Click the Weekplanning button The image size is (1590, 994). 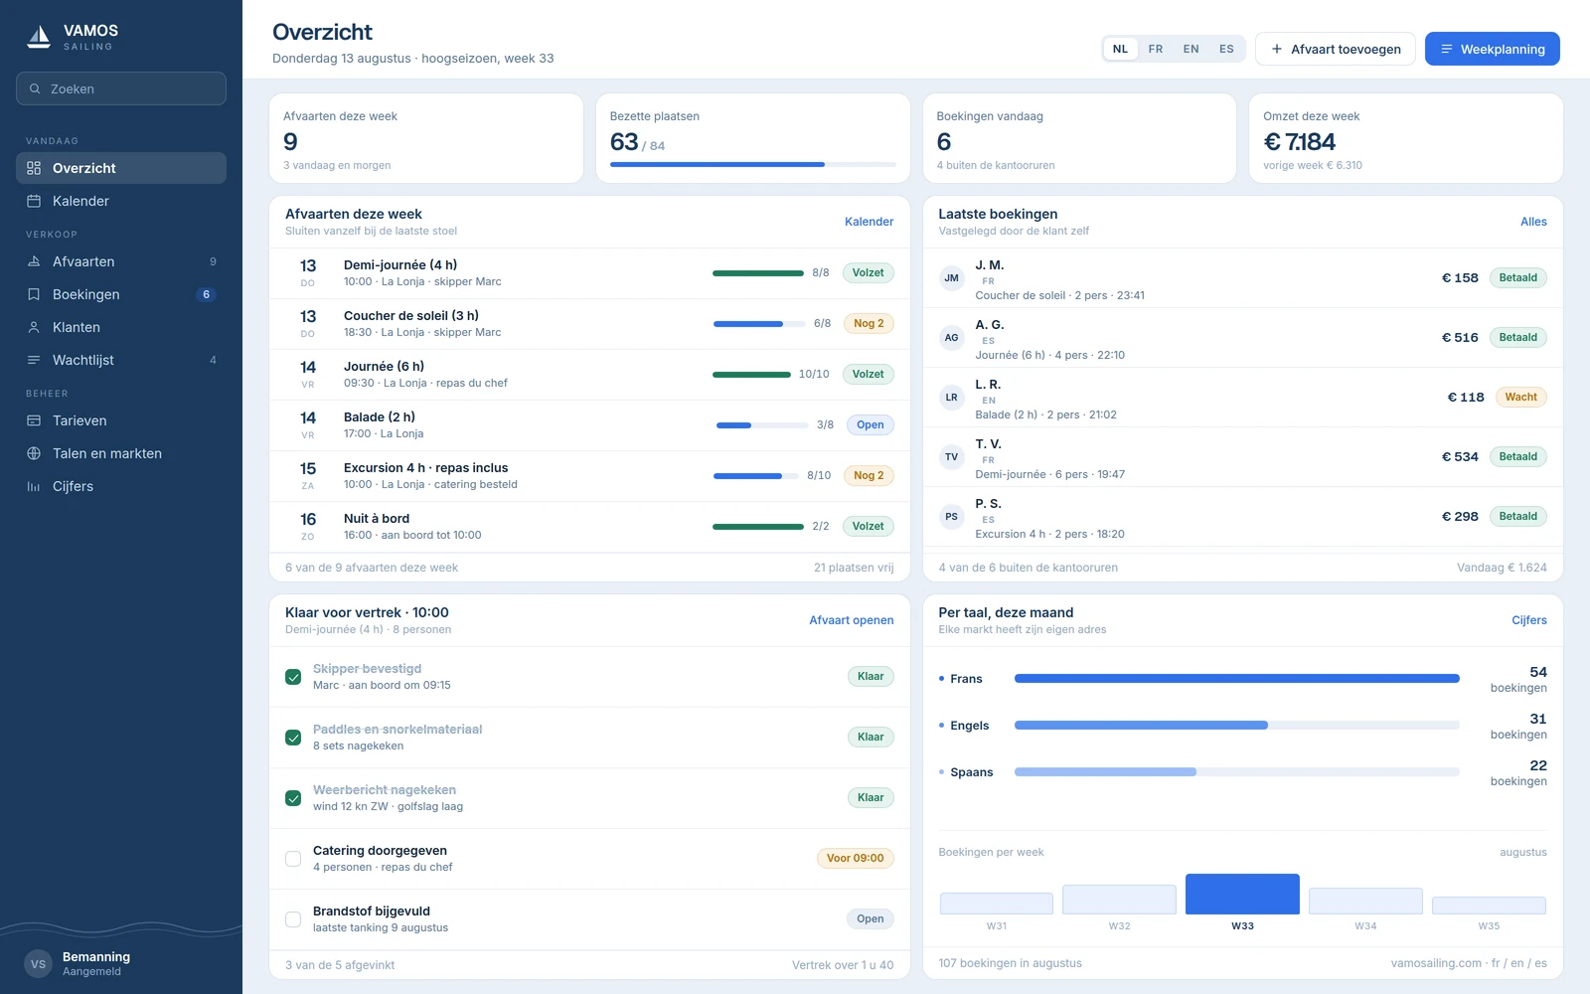coord(1492,49)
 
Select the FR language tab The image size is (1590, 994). coord(1155,49)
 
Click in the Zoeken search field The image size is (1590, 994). coord(121,88)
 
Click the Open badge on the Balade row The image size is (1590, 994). coord(870,424)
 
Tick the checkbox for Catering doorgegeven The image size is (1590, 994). coord(293,859)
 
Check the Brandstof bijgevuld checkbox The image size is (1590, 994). coord(293,919)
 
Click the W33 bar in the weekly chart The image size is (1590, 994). coord(1242,894)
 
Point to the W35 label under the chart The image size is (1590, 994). coord(1489,925)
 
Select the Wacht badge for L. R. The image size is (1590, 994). coord(1521,397)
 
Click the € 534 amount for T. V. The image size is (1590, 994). coord(1460,456)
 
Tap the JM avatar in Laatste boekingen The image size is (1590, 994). coord(951,277)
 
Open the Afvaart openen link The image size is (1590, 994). coord(851,620)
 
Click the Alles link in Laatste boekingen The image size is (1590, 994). coord(1533,222)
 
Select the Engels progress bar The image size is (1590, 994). coord(1236,725)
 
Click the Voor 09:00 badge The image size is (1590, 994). coord(856,859)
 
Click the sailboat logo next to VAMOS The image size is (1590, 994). coord(39,36)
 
